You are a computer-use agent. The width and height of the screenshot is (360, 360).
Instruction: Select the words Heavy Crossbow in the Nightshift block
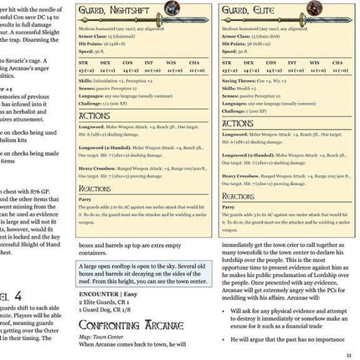coord(101,170)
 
